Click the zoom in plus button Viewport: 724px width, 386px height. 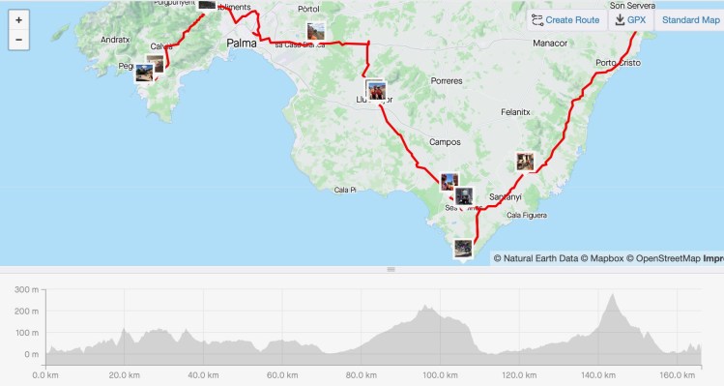coord(19,19)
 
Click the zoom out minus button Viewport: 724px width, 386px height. coord(19,40)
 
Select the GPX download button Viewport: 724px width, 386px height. coord(630,19)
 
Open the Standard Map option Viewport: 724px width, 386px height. coord(690,19)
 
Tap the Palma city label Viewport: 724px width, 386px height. coord(242,44)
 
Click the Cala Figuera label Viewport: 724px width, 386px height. coord(527,215)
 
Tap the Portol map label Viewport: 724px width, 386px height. coord(309,9)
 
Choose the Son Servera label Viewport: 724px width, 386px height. coord(632,6)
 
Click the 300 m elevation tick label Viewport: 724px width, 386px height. coord(27,290)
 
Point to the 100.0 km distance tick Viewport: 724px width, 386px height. coord(440,374)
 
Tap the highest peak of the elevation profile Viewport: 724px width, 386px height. coord(612,294)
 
